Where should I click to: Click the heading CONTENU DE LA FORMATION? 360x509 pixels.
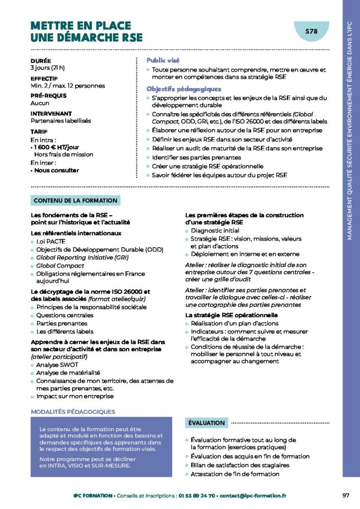(x=75, y=201)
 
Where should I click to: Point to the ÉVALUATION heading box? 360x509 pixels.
(x=206, y=423)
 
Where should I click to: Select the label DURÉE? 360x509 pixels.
(x=40, y=61)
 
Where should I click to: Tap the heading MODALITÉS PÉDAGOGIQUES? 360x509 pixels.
(x=73, y=412)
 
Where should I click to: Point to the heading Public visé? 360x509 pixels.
(x=163, y=60)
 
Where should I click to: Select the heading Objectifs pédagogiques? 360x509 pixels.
(x=183, y=89)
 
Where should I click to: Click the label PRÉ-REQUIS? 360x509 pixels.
(x=48, y=95)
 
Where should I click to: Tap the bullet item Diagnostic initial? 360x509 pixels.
(x=215, y=231)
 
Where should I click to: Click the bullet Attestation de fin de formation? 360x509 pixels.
(x=235, y=474)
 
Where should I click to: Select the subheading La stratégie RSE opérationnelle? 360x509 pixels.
(x=231, y=315)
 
